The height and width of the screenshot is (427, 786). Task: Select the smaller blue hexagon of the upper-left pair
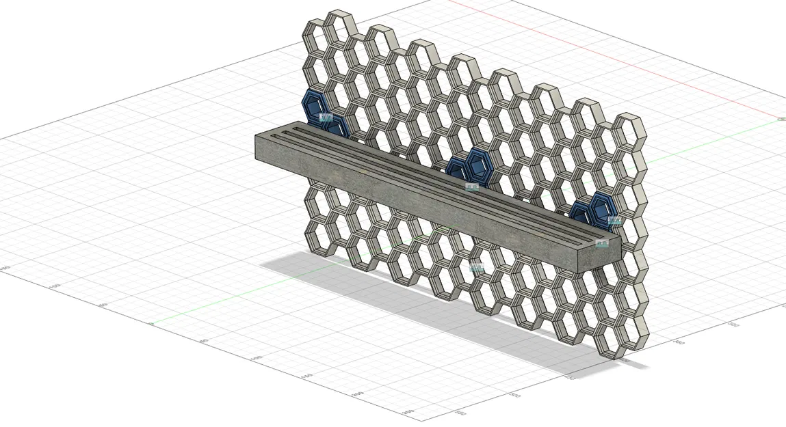(335, 127)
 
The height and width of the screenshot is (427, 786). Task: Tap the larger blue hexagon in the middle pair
(480, 165)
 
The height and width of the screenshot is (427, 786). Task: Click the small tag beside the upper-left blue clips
(326, 118)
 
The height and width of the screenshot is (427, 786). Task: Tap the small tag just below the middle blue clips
(472, 187)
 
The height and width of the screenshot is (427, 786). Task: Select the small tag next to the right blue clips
(614, 220)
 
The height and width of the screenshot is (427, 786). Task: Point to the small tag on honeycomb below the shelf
(477, 268)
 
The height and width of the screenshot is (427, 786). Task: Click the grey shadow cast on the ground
(410, 307)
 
